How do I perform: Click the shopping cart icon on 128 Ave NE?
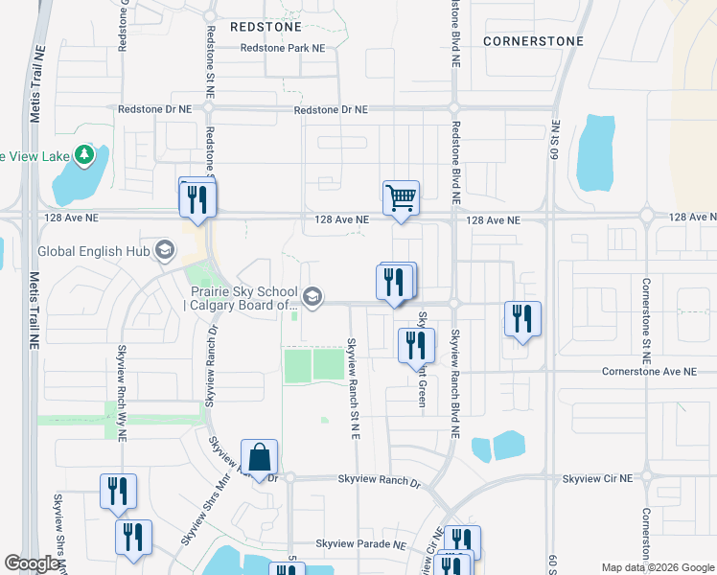click(402, 198)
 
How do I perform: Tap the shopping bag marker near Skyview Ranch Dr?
click(259, 456)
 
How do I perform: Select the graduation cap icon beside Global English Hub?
click(166, 251)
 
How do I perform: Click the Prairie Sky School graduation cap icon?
click(312, 297)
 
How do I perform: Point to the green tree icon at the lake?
click(85, 154)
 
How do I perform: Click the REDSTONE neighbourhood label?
click(266, 28)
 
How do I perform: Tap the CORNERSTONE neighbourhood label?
click(533, 42)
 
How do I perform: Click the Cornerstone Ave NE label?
click(649, 371)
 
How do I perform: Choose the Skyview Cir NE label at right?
click(598, 478)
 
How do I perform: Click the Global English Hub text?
click(94, 252)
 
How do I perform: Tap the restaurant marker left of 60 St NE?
click(522, 318)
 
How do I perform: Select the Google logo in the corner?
click(33, 563)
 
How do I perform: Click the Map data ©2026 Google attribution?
click(657, 567)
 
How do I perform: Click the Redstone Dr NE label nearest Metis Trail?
click(154, 110)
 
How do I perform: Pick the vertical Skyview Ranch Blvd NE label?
click(456, 382)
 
